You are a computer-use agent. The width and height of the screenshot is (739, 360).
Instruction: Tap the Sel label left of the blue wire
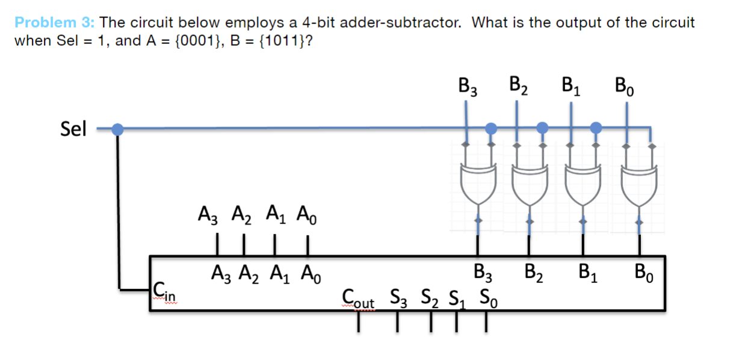point(74,128)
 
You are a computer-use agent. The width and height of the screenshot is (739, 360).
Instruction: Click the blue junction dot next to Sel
point(118,129)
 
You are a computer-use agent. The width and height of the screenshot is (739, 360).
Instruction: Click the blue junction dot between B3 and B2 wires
point(491,128)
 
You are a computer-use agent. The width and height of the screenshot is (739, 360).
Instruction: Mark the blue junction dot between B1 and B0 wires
point(596,128)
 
